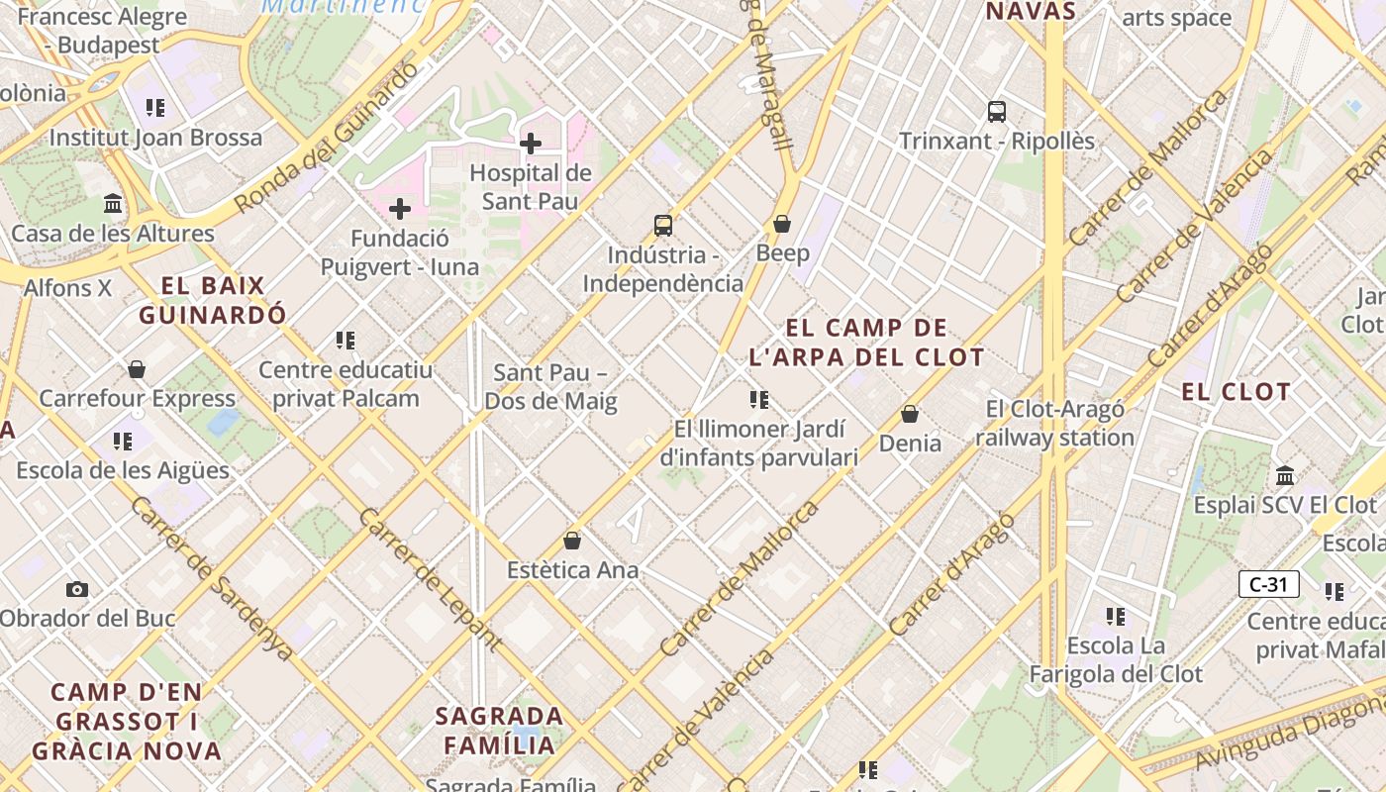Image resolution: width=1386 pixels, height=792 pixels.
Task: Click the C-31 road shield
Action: pos(1268,584)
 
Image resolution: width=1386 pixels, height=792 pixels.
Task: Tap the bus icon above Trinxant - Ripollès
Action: pos(997,112)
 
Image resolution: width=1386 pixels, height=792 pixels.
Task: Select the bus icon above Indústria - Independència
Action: pos(663,226)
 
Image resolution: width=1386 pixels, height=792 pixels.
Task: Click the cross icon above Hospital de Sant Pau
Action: pos(531,144)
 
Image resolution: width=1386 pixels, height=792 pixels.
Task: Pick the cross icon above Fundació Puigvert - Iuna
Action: pos(400,209)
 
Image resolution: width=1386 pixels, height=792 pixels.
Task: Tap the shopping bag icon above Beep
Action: pos(782,224)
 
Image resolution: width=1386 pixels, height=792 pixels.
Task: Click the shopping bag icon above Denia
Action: pos(910,414)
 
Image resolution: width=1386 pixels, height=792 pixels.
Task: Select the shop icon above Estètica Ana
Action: pos(572,541)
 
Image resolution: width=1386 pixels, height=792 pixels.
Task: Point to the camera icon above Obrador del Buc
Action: pos(77,589)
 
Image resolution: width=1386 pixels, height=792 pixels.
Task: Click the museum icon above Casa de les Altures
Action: pos(113,204)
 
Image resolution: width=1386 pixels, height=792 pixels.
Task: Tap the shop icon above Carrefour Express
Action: pos(137,369)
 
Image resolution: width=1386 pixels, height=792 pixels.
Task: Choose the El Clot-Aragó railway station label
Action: pos(1055,424)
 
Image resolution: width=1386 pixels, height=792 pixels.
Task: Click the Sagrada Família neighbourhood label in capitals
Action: pos(500,730)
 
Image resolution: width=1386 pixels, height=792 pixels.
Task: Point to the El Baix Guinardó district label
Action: pos(213,301)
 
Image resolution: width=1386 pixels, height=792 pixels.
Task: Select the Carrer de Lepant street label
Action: pos(430,580)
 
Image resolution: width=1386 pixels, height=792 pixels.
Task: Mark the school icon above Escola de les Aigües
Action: pos(123,441)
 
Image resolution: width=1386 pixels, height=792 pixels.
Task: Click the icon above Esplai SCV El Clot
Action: pos(1285,475)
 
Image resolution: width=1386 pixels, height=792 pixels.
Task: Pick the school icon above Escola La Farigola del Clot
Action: pos(1116,617)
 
